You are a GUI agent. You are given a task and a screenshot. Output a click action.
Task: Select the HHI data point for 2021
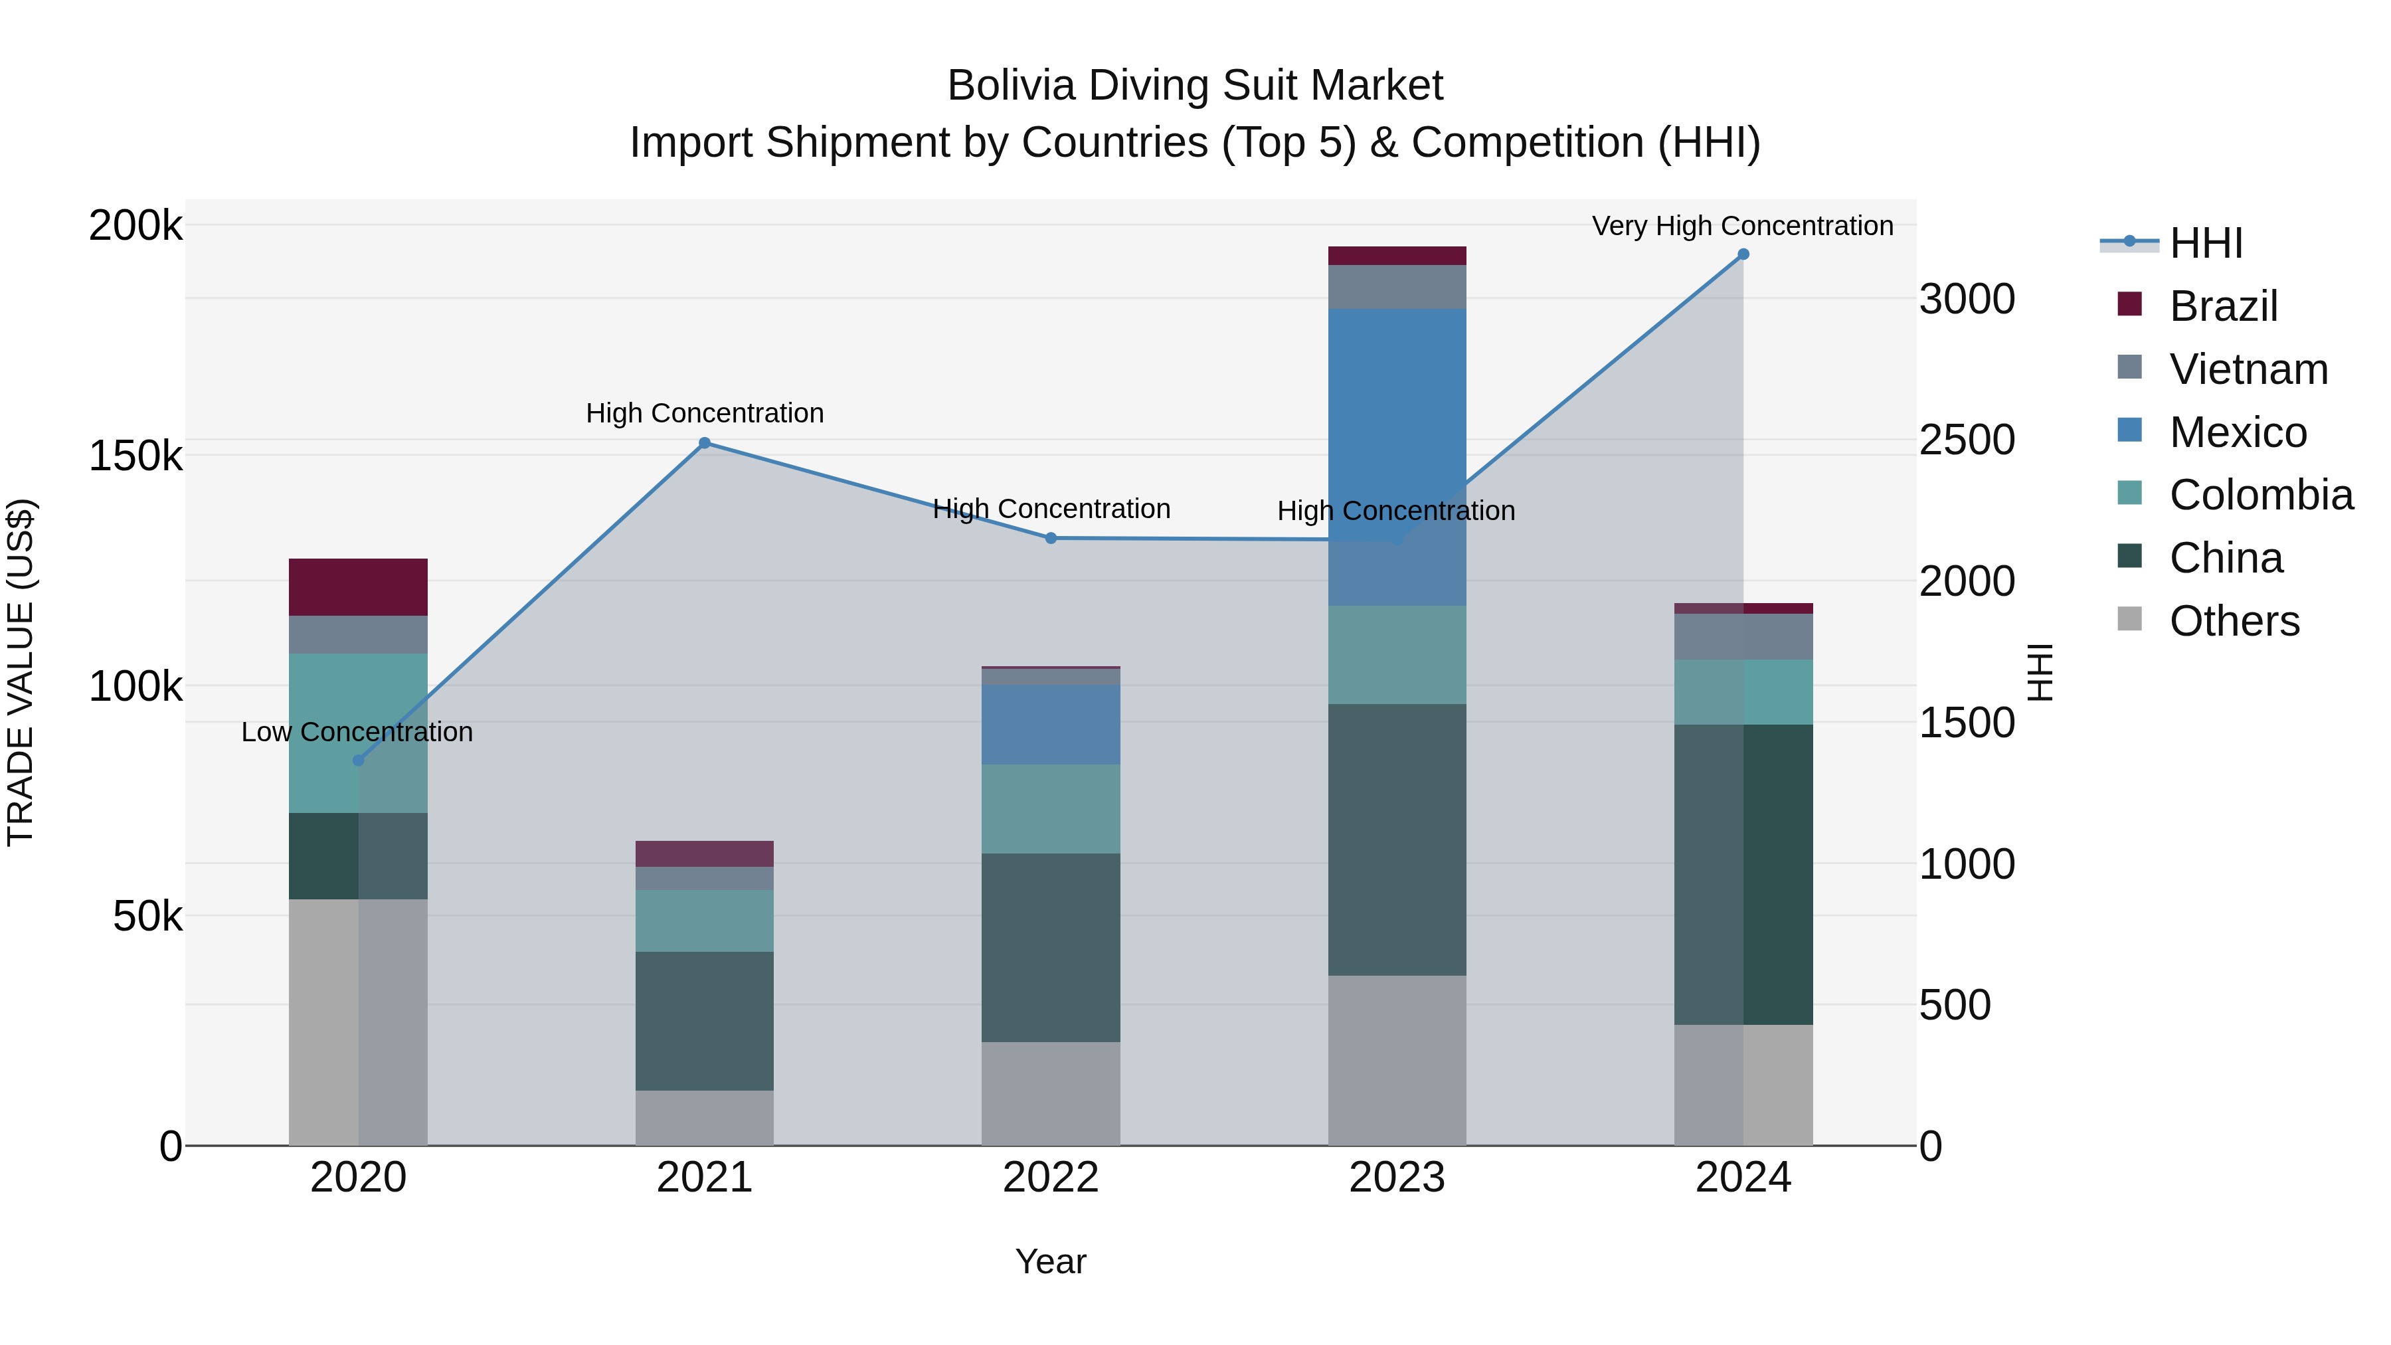click(705, 443)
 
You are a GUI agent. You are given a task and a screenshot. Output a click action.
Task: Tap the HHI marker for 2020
click(358, 761)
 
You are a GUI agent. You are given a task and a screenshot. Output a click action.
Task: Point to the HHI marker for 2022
click(1051, 539)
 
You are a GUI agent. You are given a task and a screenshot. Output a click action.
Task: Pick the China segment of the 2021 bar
click(705, 1020)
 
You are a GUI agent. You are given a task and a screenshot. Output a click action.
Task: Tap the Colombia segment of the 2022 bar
click(1051, 808)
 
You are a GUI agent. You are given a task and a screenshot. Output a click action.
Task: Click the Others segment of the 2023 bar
click(1397, 1060)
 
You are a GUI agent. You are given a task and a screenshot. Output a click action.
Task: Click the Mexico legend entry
click(2238, 432)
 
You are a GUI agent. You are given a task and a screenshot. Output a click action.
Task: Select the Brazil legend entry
click(2223, 306)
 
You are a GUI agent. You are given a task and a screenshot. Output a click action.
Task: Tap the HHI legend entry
click(2205, 243)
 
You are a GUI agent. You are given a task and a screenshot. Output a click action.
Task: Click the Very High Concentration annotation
click(1742, 226)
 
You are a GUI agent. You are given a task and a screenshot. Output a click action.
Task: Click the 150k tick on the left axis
click(135, 457)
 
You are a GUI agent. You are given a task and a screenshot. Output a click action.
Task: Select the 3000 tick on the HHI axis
click(1967, 300)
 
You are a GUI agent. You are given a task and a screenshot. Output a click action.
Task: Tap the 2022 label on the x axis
click(1051, 1178)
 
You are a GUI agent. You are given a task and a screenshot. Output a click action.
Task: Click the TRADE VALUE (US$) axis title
click(21, 672)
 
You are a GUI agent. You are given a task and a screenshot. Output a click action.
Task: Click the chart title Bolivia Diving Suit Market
click(1195, 86)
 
